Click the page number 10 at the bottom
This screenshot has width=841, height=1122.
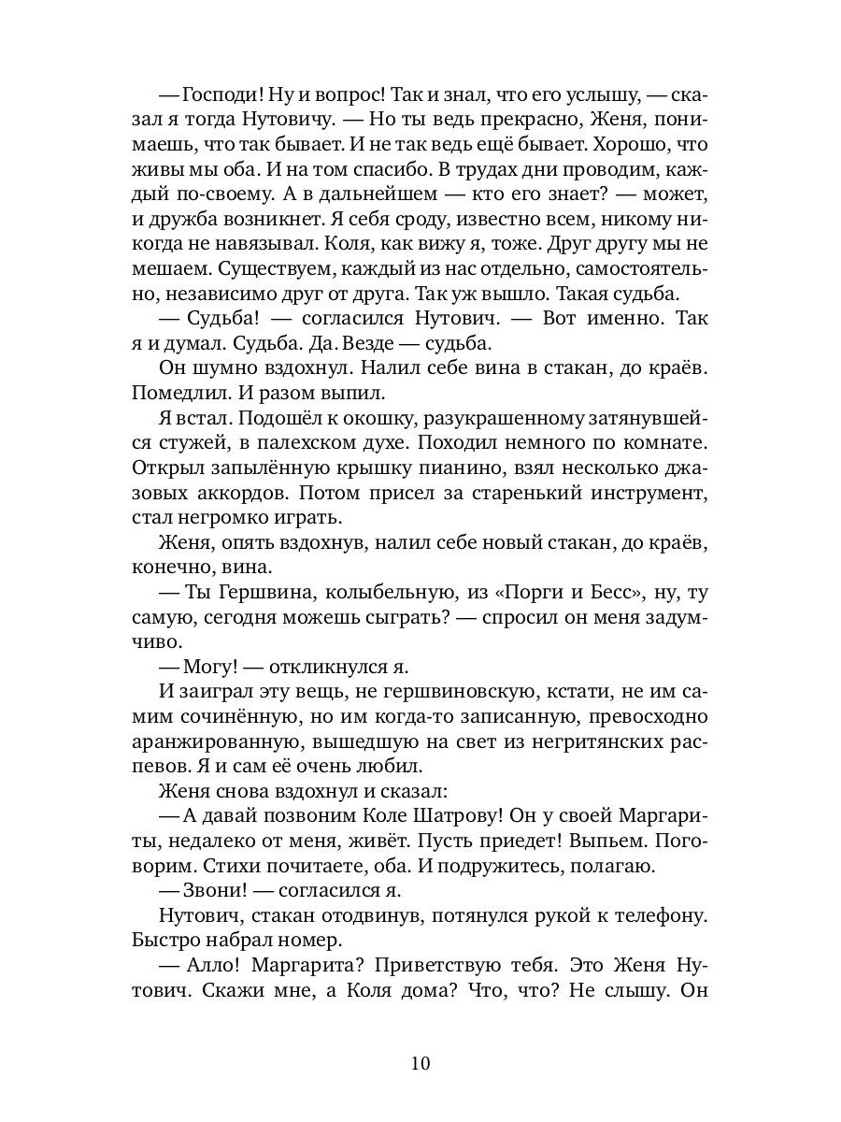point(420,1064)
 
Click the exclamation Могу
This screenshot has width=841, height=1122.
point(210,666)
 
